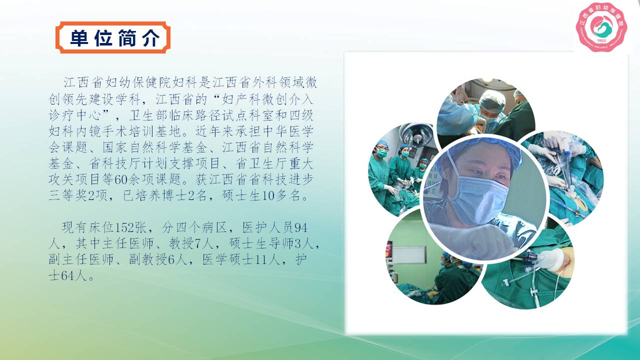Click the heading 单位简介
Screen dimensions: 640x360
coord(114,38)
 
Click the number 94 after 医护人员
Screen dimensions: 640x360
coord(301,227)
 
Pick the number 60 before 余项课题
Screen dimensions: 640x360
coord(121,179)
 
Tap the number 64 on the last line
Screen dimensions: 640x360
coord(68,275)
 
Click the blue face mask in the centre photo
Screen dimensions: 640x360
coord(477,198)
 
